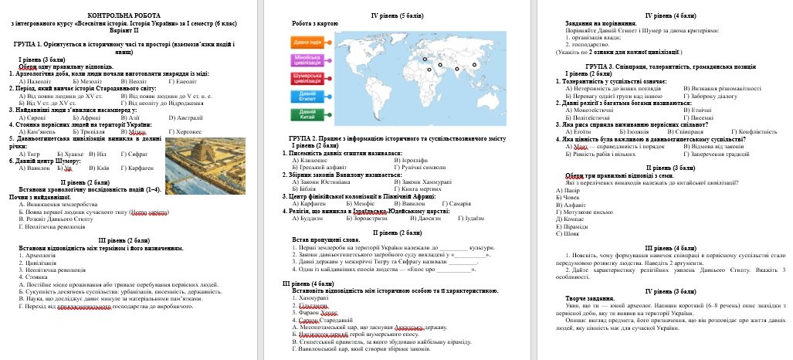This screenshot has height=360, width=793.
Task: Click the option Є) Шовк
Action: tap(568, 233)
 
